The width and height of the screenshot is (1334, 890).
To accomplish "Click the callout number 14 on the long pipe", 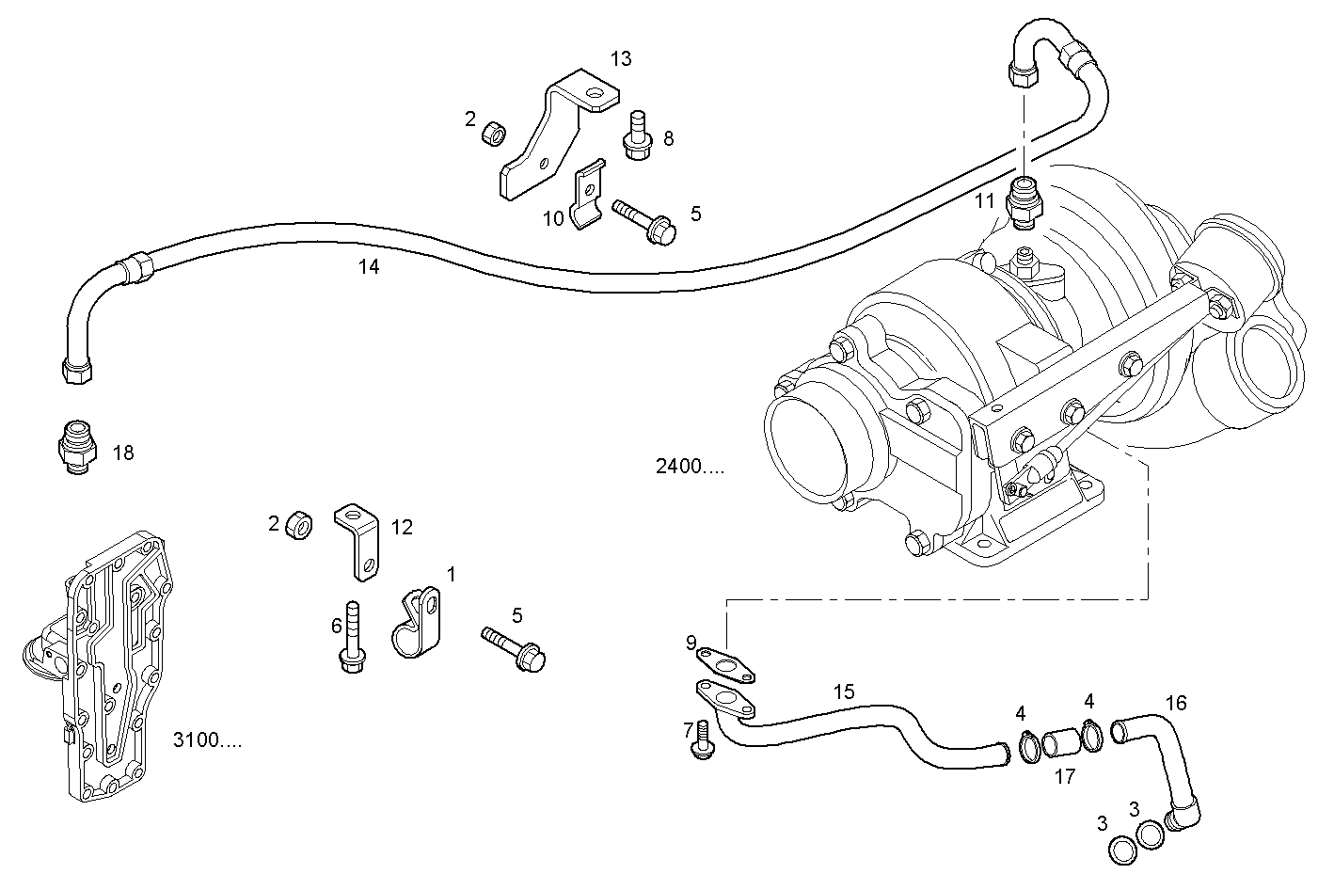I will tap(369, 267).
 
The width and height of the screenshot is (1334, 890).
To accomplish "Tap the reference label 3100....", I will tap(207, 740).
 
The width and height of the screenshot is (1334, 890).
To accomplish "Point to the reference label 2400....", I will tap(691, 467).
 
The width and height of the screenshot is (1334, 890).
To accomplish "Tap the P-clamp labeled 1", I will tap(416, 624).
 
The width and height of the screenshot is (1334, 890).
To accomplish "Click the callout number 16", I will tap(1176, 703).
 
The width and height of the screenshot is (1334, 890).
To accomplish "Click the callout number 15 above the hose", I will tap(844, 691).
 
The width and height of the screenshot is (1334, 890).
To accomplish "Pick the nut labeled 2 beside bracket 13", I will tap(491, 134).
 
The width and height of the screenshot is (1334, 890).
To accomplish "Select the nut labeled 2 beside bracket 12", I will tap(299, 525).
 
